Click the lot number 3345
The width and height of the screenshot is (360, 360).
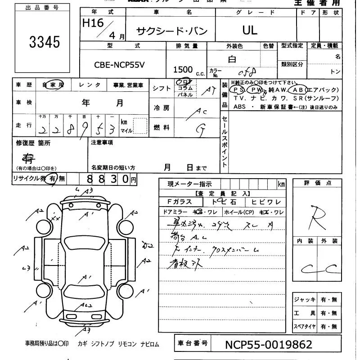(x=45, y=42)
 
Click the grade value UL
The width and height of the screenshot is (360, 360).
(x=250, y=30)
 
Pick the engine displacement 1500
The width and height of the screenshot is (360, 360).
(x=183, y=69)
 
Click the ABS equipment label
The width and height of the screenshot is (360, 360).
(x=239, y=107)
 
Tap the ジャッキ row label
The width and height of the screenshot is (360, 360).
(x=305, y=300)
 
